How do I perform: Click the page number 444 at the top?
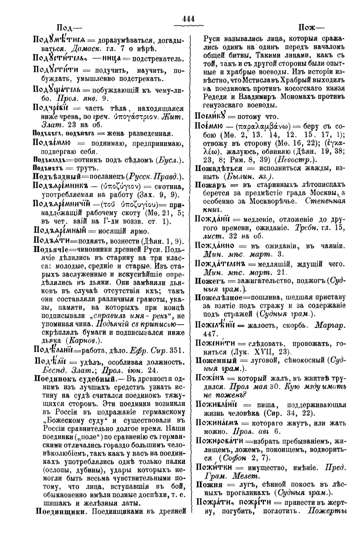[x=189, y=19]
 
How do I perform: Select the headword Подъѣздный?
[x=57, y=177]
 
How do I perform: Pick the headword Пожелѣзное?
[x=218, y=298]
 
